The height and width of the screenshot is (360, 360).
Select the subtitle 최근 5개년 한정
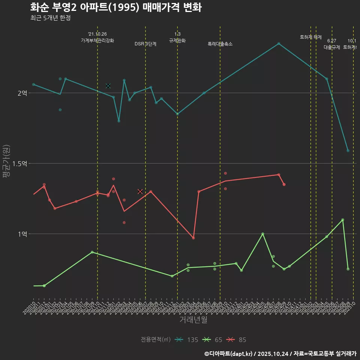(50, 18)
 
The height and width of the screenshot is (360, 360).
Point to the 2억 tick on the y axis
(22, 93)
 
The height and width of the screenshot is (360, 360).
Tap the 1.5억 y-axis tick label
(20, 163)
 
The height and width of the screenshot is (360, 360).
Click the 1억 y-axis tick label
(22, 234)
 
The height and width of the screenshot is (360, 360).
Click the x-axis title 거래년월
(193, 320)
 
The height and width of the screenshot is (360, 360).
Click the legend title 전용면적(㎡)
(156, 340)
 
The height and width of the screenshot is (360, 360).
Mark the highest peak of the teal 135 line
(279, 43)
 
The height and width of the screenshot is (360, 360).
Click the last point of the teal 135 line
(348, 151)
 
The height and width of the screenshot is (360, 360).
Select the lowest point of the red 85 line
(193, 238)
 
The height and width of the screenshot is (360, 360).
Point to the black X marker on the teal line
(108, 86)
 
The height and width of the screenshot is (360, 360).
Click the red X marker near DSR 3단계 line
(140, 191)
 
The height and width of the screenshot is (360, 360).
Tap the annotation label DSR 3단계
(145, 44)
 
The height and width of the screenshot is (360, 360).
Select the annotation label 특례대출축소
(220, 44)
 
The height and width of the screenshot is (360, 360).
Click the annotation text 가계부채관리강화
(97, 40)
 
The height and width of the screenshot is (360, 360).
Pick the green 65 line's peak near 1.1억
(343, 220)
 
